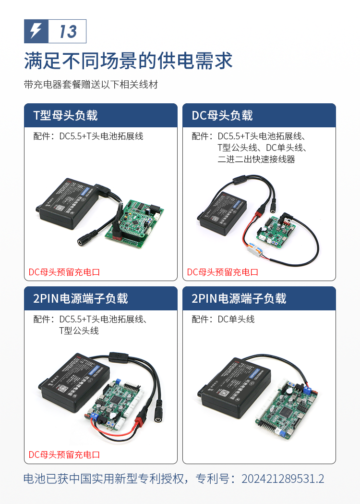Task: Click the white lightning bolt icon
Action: point(36,31)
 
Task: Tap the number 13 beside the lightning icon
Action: point(68,32)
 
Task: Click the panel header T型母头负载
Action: point(65,115)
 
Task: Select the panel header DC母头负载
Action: point(222,115)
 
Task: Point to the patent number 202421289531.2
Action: point(283,479)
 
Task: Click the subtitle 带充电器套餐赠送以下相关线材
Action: point(91,85)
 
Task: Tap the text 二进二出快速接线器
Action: point(256,159)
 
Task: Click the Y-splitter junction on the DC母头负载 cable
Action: point(240,180)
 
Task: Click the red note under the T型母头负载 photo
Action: point(64,272)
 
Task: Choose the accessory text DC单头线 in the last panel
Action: point(236,319)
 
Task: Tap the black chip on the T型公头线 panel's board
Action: point(115,400)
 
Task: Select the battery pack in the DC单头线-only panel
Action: point(234,387)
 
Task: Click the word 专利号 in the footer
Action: point(212,479)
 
